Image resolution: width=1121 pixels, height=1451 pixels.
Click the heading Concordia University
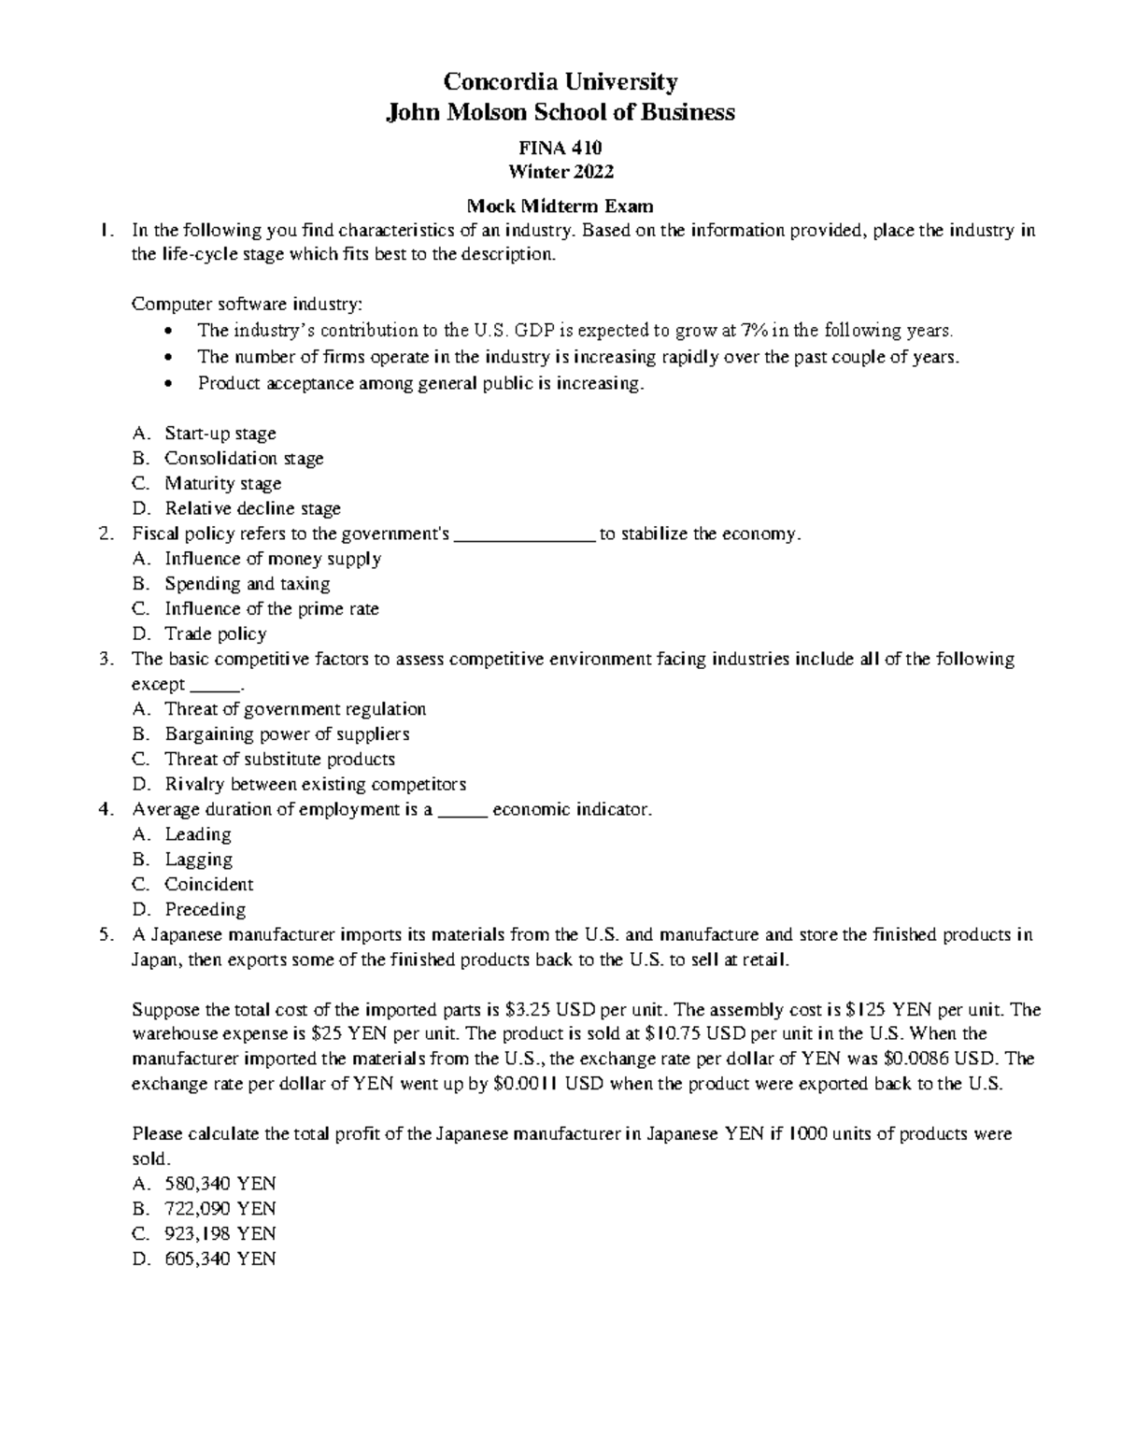point(560,82)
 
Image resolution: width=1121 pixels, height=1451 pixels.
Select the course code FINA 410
point(560,148)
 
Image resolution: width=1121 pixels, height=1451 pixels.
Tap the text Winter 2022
point(560,172)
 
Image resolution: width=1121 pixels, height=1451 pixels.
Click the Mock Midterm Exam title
point(560,206)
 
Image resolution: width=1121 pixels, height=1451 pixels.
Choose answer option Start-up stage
point(220,434)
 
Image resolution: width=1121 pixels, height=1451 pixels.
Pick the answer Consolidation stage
point(244,459)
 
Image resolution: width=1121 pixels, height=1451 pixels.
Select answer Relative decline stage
point(252,509)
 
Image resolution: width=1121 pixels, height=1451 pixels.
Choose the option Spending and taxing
point(248,584)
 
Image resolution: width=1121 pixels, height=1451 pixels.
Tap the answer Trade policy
point(216,634)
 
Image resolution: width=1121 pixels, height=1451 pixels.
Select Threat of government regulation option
point(295,709)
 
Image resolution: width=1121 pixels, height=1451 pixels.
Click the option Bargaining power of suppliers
point(287,734)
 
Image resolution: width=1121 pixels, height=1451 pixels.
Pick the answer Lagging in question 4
point(198,860)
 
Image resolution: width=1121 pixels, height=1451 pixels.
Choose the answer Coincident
point(208,885)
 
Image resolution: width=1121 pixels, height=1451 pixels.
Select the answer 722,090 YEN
point(220,1209)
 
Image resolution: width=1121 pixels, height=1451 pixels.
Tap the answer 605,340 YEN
point(220,1259)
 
